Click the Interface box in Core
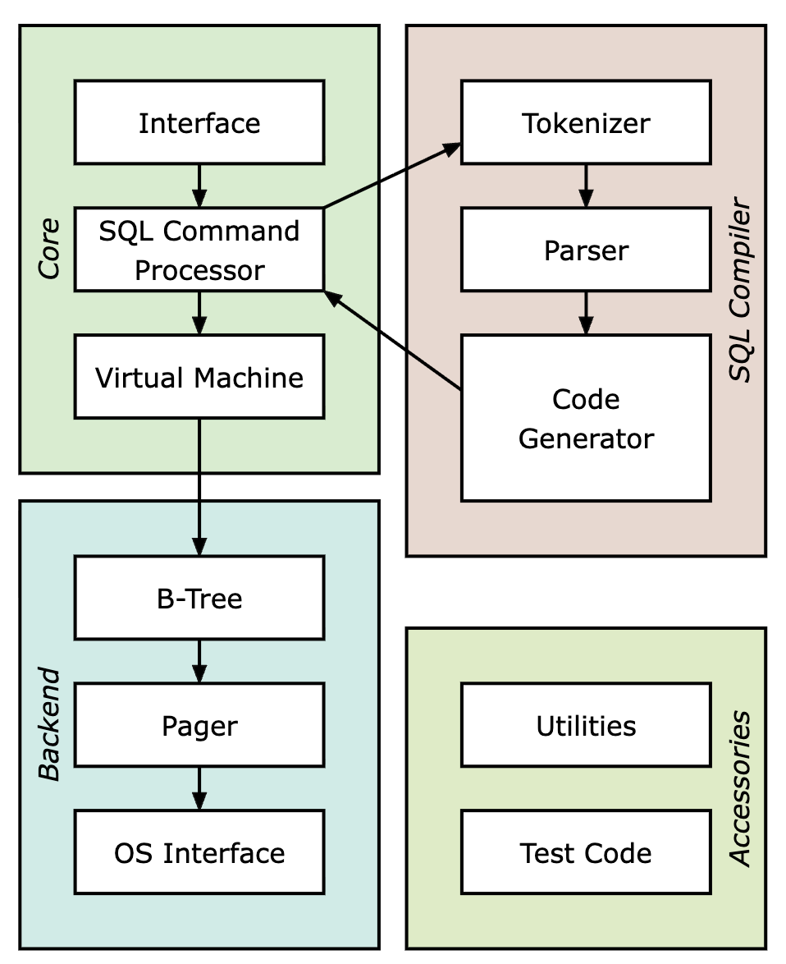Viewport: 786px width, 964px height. click(199, 122)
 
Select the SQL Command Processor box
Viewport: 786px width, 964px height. click(199, 250)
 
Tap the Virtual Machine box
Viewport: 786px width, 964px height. click(199, 377)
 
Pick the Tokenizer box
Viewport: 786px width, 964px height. click(586, 122)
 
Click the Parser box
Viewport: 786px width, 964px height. click(586, 250)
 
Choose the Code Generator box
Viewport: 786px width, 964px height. click(586, 418)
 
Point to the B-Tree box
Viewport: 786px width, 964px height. click(199, 598)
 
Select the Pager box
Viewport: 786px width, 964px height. click(199, 725)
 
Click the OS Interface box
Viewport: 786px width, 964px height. click(199, 852)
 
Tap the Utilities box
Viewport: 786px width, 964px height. click(586, 725)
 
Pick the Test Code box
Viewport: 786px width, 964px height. click(586, 852)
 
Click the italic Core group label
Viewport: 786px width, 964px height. click(49, 249)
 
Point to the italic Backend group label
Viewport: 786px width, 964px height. click(49, 724)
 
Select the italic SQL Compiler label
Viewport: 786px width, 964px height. click(740, 290)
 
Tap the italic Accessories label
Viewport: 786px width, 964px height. click(740, 789)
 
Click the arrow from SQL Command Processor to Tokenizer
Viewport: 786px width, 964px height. click(392, 175)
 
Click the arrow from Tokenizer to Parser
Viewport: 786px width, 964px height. click(586, 186)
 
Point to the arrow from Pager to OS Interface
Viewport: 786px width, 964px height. click(199, 789)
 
